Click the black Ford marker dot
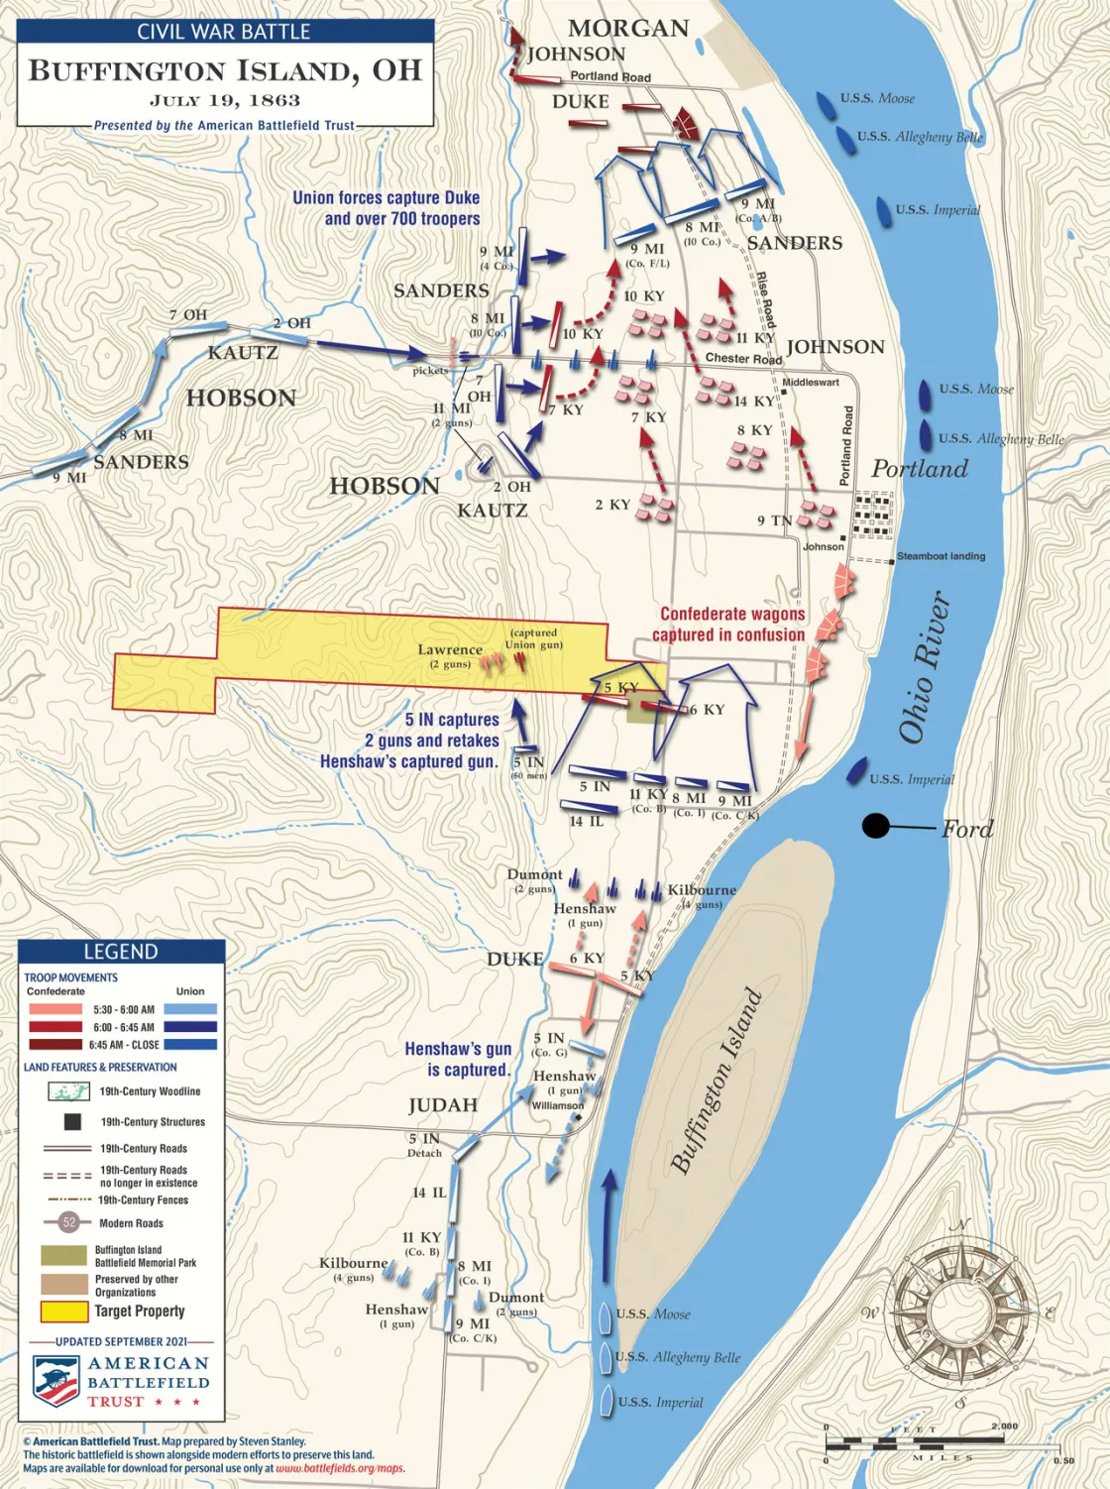pyautogui.click(x=875, y=825)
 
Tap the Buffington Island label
pyautogui.click(x=717, y=1081)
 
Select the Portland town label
pyautogui.click(x=919, y=469)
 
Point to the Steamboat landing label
pyautogui.click(x=941, y=556)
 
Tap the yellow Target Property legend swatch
pyautogui.click(x=63, y=1312)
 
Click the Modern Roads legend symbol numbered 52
pyautogui.click(x=69, y=1222)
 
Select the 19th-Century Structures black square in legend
pyautogui.click(x=71, y=1121)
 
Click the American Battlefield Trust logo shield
pyautogui.click(x=56, y=1381)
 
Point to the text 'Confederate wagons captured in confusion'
pyautogui.click(x=731, y=625)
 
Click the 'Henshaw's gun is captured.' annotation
pyautogui.click(x=458, y=1059)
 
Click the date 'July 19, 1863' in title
pyautogui.click(x=225, y=100)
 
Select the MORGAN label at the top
pyautogui.click(x=628, y=28)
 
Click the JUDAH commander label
pyautogui.click(x=442, y=1105)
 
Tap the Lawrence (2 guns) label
pyautogui.click(x=450, y=655)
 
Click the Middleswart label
pyautogui.click(x=811, y=382)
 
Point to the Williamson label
pyautogui.click(x=557, y=1105)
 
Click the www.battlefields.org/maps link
pyautogui.click(x=340, y=1468)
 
